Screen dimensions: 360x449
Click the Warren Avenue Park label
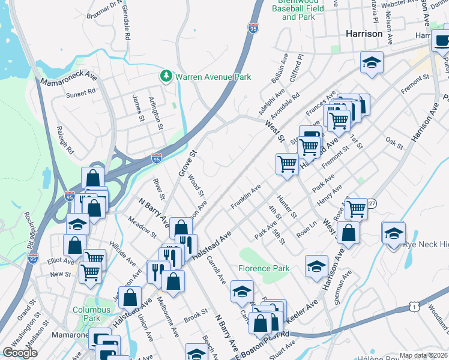[x=212, y=77]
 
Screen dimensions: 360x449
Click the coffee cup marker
[x=443, y=40]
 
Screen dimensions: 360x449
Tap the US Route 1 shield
[x=413, y=307]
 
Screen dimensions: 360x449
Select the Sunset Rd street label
[x=81, y=94]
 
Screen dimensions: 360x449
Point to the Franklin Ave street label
[x=246, y=197]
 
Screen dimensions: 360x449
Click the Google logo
[x=20, y=353]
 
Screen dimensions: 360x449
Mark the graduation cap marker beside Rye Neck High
[x=393, y=232]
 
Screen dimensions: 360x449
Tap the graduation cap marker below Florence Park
[x=242, y=292]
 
